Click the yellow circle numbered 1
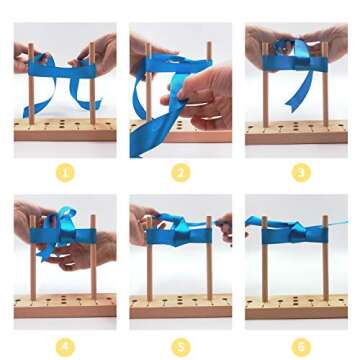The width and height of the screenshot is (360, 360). point(65,174)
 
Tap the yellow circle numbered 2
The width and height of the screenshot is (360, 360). point(181,174)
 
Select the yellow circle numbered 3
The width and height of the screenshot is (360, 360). point(301,174)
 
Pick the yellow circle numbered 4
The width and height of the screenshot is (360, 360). point(65,348)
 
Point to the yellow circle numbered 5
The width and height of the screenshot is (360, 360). point(181,348)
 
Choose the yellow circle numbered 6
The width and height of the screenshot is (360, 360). point(301,348)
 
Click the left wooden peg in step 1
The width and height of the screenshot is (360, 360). point(31,84)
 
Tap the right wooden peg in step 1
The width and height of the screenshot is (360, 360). point(92,84)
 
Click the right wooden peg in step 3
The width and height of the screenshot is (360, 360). point(325,84)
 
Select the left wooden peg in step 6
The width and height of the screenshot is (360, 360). point(265,259)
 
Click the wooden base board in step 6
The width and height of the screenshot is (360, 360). point(296,306)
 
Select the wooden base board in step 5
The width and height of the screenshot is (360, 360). point(181,306)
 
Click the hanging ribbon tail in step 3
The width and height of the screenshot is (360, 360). point(299,91)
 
